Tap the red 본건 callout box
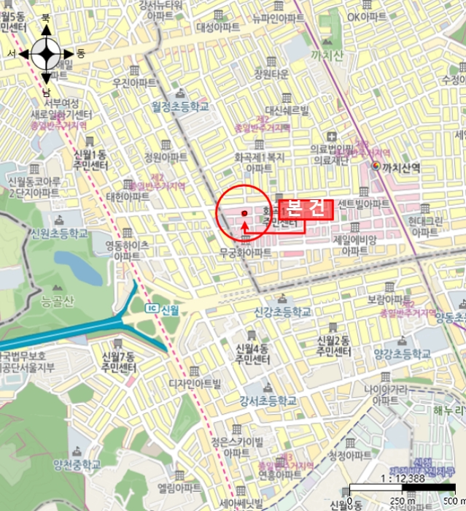pos(306,208)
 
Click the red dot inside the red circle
pos(244,214)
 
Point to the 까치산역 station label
pos(400,167)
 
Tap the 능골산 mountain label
pos(58,300)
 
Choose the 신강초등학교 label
pos(281,312)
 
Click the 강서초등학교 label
pos(268,401)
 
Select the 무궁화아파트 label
pos(246,253)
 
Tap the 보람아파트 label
pos(387,299)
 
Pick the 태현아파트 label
pos(128,196)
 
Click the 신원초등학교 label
pos(60,234)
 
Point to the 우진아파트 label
pos(135,83)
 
